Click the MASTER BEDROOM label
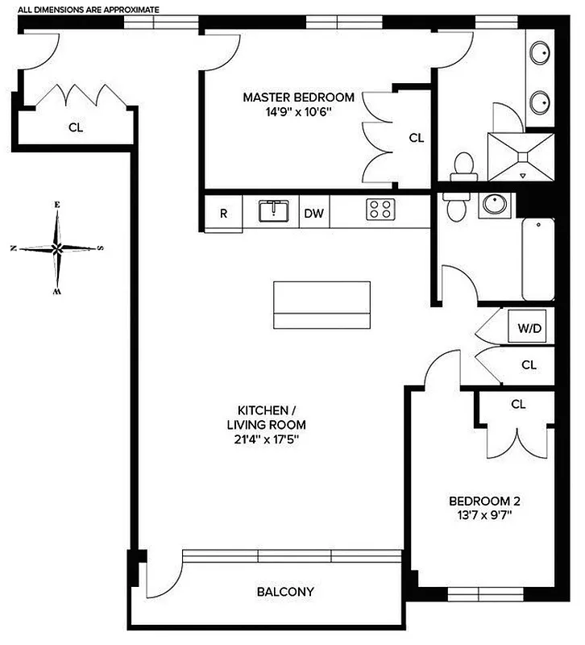298,98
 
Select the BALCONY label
285,592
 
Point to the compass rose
56,248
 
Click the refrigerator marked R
223,214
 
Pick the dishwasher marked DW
314,214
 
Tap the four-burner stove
380,210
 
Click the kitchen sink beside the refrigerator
272,211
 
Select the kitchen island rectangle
322,305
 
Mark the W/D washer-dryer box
529,328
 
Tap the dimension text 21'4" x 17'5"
266,439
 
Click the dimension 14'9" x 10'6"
298,112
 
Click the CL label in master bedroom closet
416,138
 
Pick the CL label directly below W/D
529,364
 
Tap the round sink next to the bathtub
493,205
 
